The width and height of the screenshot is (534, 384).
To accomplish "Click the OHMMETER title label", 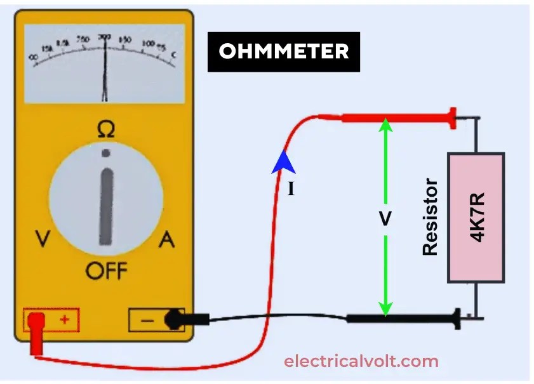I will point(284,51).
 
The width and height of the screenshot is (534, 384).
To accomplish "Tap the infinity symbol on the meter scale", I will point(33,57).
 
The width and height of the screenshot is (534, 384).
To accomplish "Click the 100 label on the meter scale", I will point(148,44).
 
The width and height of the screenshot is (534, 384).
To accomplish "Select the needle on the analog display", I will point(105,70).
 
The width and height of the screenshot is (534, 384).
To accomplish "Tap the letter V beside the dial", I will point(43,239).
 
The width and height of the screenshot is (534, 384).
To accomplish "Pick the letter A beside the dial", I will point(166,239).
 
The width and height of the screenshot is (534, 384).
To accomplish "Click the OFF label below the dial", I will point(106,272).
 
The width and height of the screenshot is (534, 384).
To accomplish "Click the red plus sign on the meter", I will point(64,320).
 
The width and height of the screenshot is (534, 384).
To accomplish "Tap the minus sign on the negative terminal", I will point(147,321).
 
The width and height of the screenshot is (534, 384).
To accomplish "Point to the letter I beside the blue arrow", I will point(291,189).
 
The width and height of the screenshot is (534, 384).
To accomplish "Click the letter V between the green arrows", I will point(385,218).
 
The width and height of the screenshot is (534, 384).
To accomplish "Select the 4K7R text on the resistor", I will point(477,217).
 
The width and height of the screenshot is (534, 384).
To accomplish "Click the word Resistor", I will point(431,217).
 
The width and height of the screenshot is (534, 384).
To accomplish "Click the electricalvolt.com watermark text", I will point(361,362).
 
